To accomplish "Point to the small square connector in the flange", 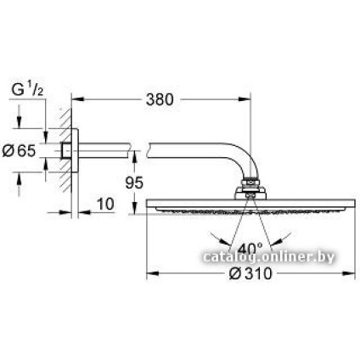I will pos(67,150).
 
